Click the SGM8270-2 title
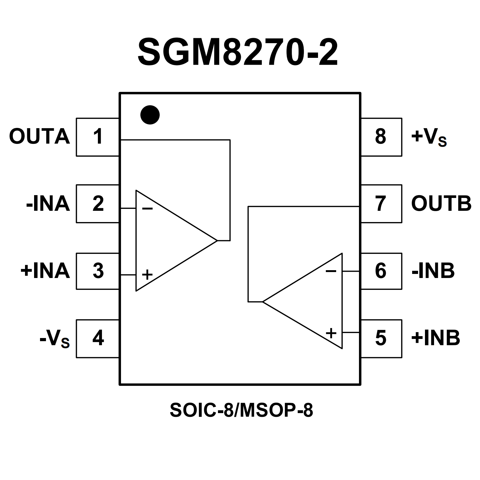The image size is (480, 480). click(x=238, y=53)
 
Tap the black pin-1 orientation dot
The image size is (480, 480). click(x=150, y=115)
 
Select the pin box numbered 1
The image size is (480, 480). click(x=98, y=137)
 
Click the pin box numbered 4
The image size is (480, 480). click(x=98, y=338)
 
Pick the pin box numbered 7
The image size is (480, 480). click(x=381, y=204)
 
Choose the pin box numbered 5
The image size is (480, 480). click(x=381, y=338)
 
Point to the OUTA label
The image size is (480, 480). click(x=39, y=137)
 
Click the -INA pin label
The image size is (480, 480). click(x=48, y=204)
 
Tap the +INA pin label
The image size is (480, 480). click(x=45, y=271)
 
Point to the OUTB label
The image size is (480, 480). click(x=441, y=204)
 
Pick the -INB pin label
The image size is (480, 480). click(x=433, y=271)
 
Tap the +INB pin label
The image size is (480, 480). click(x=436, y=338)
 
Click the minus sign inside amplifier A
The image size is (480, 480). click(x=147, y=209)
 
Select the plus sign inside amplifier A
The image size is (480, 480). click(x=147, y=275)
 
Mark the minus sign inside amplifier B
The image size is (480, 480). click(x=331, y=271)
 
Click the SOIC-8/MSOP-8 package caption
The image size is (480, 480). click(x=241, y=410)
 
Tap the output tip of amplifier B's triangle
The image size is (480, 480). click(x=263, y=302)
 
